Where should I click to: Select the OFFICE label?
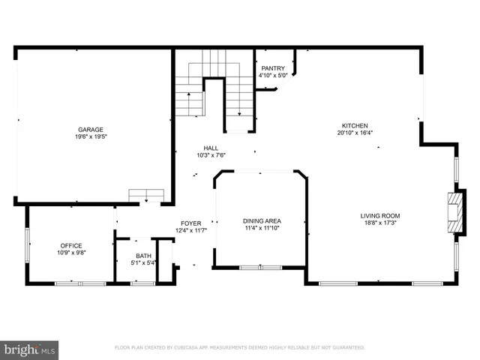(71, 245)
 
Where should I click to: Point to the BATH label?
(143, 256)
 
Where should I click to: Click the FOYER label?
(190, 223)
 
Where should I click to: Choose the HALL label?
(211, 148)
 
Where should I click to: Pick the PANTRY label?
(273, 68)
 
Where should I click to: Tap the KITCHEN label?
(355, 126)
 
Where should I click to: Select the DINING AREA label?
(262, 220)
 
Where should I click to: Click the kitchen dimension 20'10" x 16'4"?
(355, 133)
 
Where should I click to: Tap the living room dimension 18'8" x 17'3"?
(380, 223)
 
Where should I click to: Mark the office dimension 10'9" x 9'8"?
(71, 252)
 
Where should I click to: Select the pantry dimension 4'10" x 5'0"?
(273, 75)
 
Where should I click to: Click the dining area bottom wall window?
(260, 267)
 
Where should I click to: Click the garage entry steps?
(145, 196)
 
